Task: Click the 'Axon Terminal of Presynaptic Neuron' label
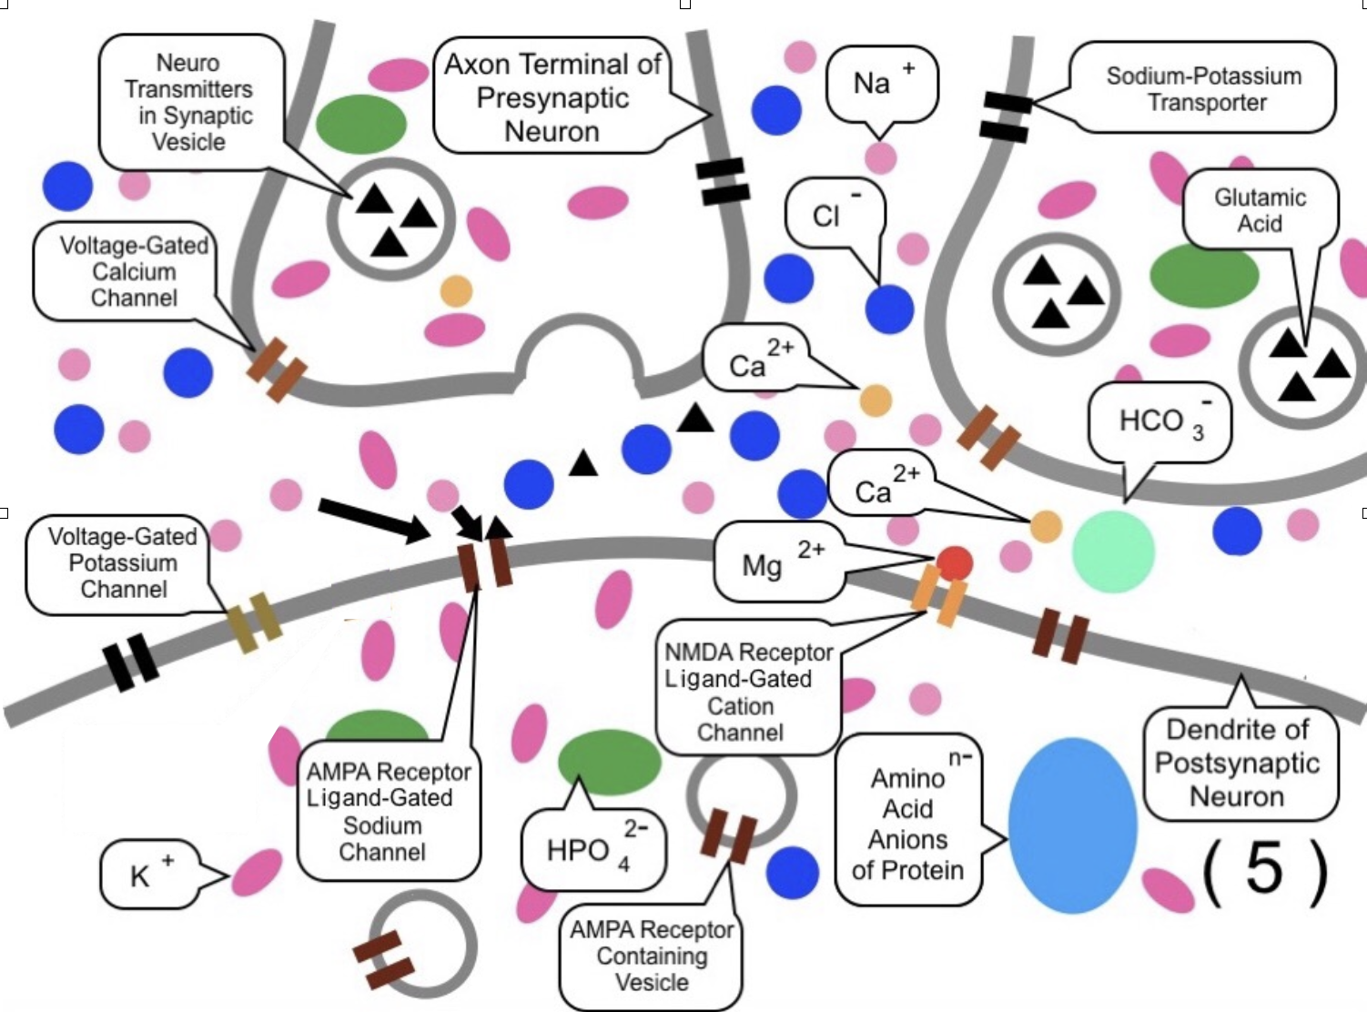coord(552,96)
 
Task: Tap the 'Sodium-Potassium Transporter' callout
coord(1203,88)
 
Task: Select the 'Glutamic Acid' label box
coord(1260,210)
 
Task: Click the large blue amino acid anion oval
coord(1073,825)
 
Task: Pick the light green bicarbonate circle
coord(1113,552)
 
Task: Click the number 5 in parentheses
coord(1264,869)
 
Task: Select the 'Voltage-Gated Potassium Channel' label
coord(123,563)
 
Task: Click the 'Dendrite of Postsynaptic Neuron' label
coord(1238,763)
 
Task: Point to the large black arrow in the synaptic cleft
coord(373,520)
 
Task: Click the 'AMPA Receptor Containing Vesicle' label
coord(652,956)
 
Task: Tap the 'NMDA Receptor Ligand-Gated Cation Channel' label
coord(746,692)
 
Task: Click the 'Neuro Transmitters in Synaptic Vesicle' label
coord(189,102)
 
